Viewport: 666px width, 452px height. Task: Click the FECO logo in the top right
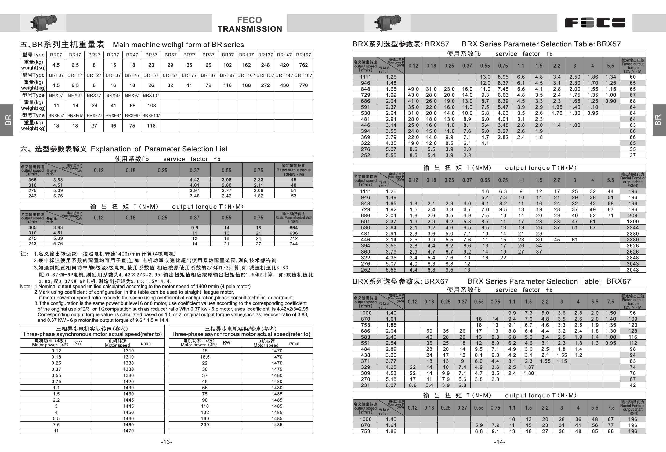[595, 23]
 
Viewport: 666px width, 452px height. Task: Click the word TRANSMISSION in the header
[249, 29]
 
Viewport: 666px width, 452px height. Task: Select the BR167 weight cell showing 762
[303, 65]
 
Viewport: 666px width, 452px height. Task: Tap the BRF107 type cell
[246, 75]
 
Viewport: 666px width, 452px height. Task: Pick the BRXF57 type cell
[56, 115]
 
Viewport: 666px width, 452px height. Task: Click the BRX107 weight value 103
[151, 106]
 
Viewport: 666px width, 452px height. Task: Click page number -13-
[166, 442]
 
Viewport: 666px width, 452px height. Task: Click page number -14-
[499, 442]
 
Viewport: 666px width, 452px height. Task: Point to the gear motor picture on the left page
[43, 22]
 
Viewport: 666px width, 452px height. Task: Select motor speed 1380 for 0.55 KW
[128, 375]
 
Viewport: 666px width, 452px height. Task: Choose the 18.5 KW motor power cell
[205, 357]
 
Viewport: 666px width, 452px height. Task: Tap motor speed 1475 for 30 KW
[277, 369]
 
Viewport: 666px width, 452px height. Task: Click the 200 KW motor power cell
[205, 425]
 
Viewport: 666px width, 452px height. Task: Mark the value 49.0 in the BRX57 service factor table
[413, 89]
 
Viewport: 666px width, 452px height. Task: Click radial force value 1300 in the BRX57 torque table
[632, 222]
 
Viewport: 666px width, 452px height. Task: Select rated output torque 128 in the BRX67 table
[632, 331]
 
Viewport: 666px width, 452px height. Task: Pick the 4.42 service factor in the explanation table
[194, 180]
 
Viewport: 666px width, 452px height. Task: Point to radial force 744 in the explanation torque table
[294, 244]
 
